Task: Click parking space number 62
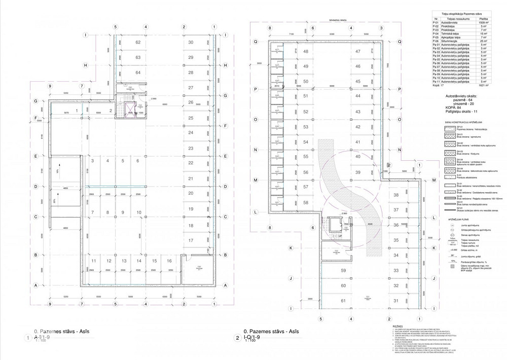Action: tap(137, 43)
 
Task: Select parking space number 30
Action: tap(191, 43)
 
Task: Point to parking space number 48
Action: tap(305, 51)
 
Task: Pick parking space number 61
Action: tap(343, 301)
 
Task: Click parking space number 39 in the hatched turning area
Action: tap(357, 172)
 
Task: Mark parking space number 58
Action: tap(305, 202)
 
